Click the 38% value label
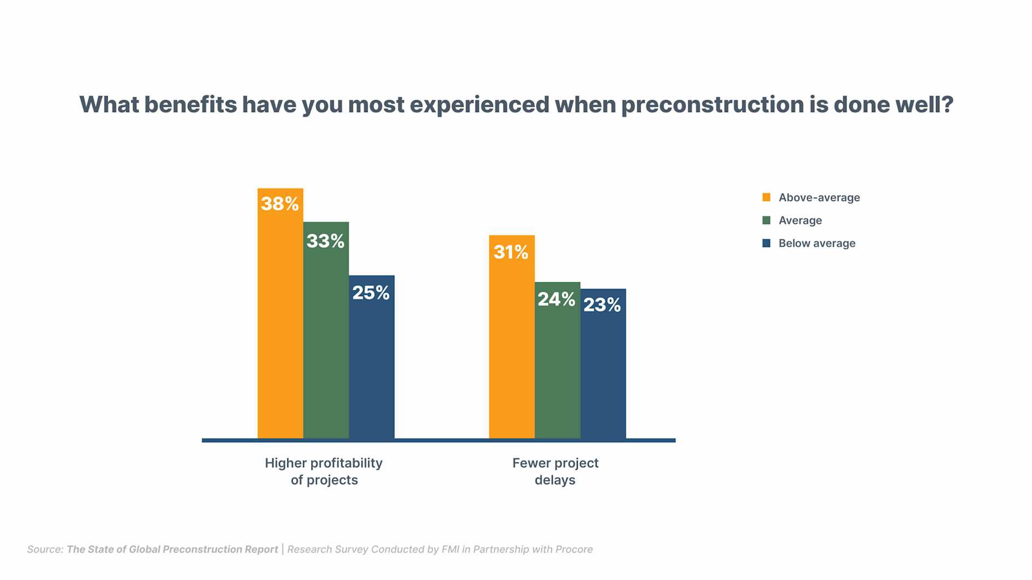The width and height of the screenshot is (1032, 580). [x=280, y=204]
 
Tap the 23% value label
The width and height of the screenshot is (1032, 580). [x=602, y=304]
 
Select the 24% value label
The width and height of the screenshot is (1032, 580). [x=556, y=299]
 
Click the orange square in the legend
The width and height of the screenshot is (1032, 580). [x=766, y=197]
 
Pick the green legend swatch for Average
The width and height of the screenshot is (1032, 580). [x=766, y=220]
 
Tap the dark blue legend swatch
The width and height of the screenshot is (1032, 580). [x=766, y=243]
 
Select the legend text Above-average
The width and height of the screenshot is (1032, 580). [x=819, y=197]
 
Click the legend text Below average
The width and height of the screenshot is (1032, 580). [x=816, y=243]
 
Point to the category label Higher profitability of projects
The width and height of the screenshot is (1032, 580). [x=324, y=471]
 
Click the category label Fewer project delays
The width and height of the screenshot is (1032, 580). [x=555, y=471]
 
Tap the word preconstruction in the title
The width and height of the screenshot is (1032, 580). [x=711, y=105]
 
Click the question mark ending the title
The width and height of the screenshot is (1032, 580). [x=947, y=104]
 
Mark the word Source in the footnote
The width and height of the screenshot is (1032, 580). [x=45, y=549]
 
